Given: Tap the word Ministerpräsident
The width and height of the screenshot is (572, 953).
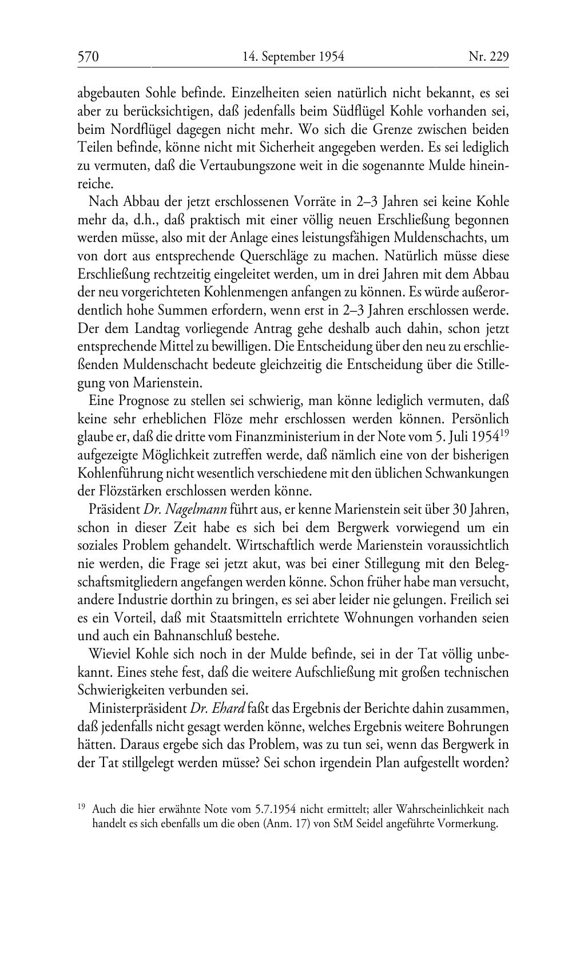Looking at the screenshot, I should (138, 708).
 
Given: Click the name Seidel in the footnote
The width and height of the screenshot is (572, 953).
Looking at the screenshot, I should (384, 824).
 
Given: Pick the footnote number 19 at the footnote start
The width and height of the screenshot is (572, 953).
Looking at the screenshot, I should (81, 807).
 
